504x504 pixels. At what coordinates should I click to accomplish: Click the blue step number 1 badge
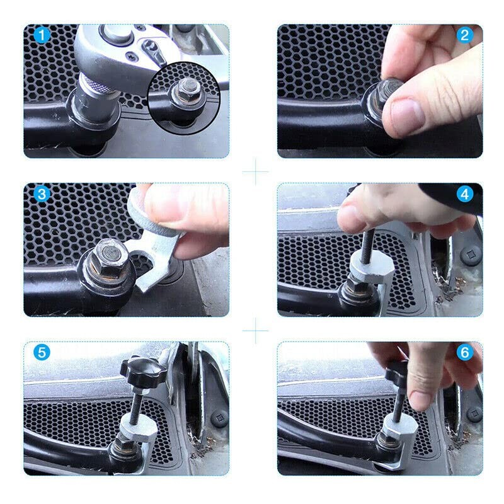pos(42,35)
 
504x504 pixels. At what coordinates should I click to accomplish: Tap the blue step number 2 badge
pos(464,35)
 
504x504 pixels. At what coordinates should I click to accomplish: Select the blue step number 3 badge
pos(42,194)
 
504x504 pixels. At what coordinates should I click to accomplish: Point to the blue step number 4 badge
pos(464,194)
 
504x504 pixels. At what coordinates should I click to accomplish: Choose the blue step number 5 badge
pos(42,353)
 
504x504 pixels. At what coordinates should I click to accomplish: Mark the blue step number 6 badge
pos(464,353)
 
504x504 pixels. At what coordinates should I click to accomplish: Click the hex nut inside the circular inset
pos(186,90)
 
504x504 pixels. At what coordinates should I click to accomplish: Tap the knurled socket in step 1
pos(100,94)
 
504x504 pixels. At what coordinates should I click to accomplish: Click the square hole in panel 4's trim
pos(467,255)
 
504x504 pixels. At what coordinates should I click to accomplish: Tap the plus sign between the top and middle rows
pos(255,171)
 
